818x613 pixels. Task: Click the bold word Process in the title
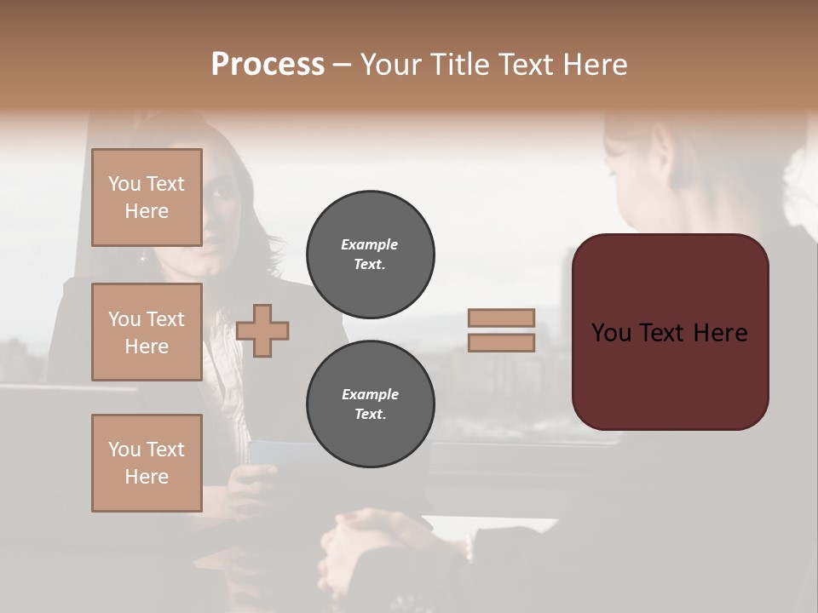coord(268,65)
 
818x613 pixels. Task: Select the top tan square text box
coord(147,198)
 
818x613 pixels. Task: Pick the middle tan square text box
coord(147,332)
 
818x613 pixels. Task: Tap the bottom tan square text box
coord(147,463)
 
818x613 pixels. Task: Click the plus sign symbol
coord(262,329)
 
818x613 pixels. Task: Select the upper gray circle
coord(370,255)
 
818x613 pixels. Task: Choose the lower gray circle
coord(370,404)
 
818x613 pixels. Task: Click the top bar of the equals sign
coord(502,318)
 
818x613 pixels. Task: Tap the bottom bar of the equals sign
coord(502,343)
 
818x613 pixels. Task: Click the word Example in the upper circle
coord(370,244)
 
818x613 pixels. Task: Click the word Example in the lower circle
coord(370,394)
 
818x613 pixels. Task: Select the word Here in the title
coord(596,65)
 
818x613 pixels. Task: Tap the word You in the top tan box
coord(124,184)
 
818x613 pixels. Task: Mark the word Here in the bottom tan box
coord(147,477)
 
